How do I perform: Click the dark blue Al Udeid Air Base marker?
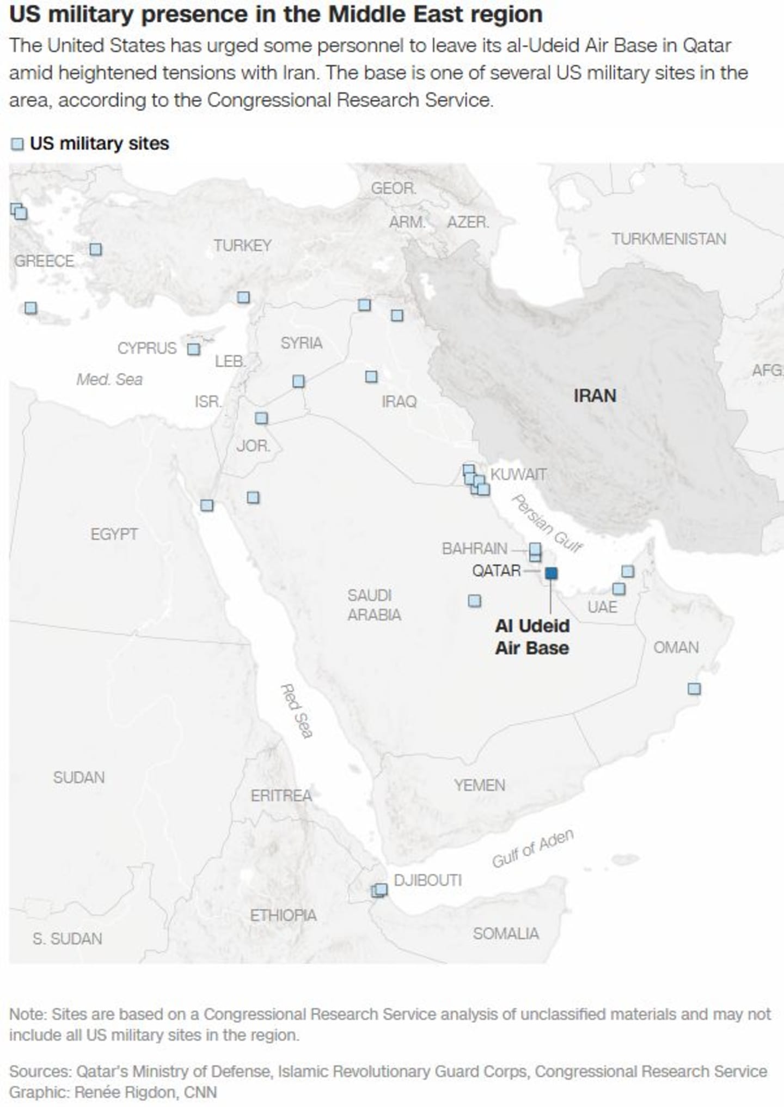pos(551,573)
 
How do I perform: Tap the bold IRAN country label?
pos(595,396)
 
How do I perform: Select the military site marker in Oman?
pos(694,689)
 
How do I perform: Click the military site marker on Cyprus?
pos(193,349)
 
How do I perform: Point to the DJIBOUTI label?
pos(427,880)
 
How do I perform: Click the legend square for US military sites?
pos(17,144)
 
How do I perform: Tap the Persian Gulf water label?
pos(547,523)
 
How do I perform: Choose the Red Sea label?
pos(296,711)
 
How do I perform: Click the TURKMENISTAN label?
pos(669,239)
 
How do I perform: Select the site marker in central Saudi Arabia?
pos(474,600)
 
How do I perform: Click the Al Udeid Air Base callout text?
pos(532,637)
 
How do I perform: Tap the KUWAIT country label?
pos(518,475)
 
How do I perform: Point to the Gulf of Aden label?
pos(532,849)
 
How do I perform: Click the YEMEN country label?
pos(480,785)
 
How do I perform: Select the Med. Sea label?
pos(109,379)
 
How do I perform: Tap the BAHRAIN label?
pos(474,549)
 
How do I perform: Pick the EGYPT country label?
pos(114,534)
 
